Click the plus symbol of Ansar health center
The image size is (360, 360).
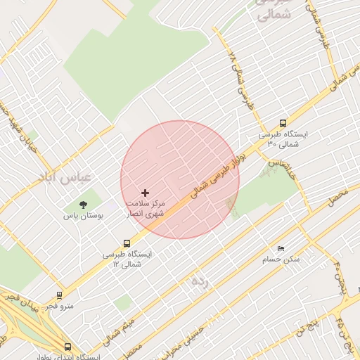tap(146, 193)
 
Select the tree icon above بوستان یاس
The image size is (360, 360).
tap(84, 205)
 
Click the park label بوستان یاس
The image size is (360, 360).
tap(84, 217)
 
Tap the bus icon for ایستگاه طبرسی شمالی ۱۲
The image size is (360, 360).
tap(127, 244)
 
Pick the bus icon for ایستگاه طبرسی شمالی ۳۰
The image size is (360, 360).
tap(283, 123)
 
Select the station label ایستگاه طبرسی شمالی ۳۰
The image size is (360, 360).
tap(283, 139)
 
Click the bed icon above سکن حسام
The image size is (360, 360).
tap(281, 248)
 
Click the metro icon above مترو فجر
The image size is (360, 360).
tap(58, 295)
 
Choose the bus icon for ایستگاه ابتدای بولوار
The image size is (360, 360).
tap(67, 347)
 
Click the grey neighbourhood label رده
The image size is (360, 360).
tap(200, 281)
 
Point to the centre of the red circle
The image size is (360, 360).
tap(180, 179)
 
